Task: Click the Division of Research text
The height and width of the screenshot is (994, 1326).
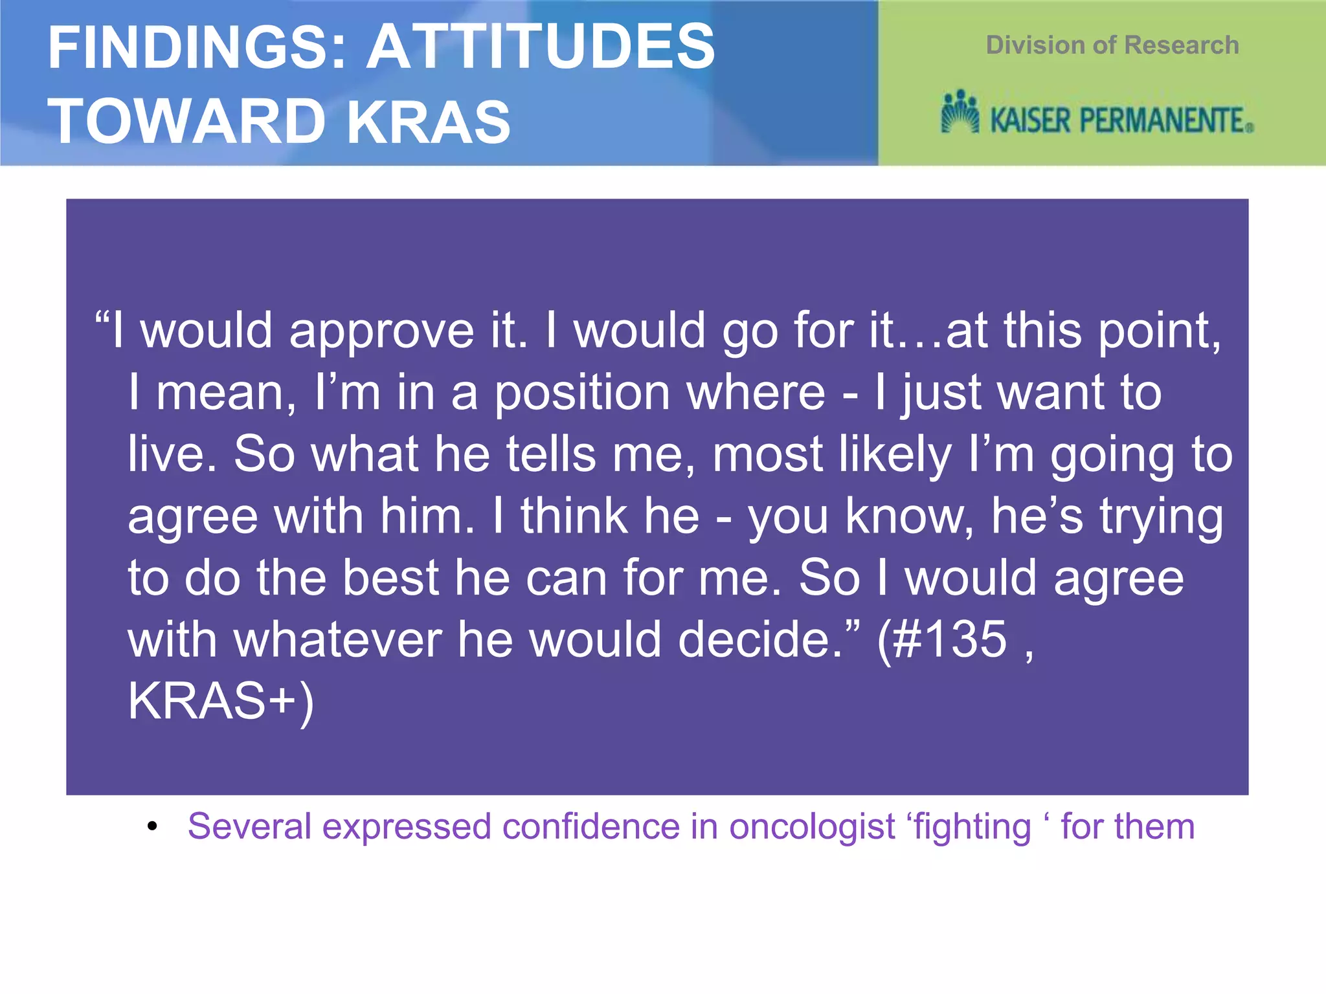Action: (1112, 45)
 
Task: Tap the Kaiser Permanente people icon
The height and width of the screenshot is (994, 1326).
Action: (960, 113)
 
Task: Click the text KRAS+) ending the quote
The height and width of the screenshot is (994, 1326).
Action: (220, 701)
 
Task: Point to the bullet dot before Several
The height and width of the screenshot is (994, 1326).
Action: (152, 826)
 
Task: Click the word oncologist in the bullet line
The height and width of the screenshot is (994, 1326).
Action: (812, 827)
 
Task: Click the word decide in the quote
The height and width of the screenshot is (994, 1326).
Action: (754, 640)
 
